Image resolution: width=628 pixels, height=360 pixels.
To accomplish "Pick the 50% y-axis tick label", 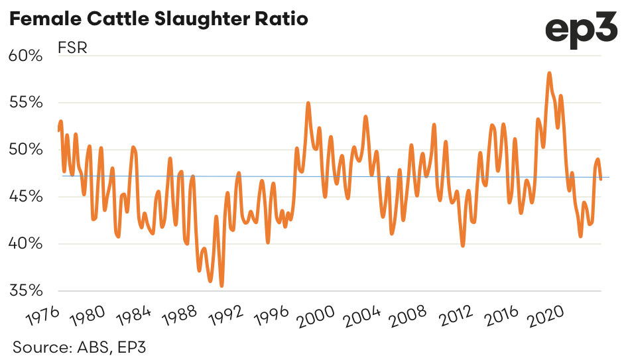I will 26,150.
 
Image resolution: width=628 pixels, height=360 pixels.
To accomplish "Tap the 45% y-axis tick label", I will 26,197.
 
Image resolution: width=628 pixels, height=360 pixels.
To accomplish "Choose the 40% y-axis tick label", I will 26,244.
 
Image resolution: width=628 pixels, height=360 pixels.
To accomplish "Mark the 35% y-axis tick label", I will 26,291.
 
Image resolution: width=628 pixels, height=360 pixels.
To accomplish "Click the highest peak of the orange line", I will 549,73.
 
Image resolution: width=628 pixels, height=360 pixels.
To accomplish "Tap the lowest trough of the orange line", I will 221,286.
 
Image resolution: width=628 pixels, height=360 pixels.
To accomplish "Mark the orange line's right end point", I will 601,179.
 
